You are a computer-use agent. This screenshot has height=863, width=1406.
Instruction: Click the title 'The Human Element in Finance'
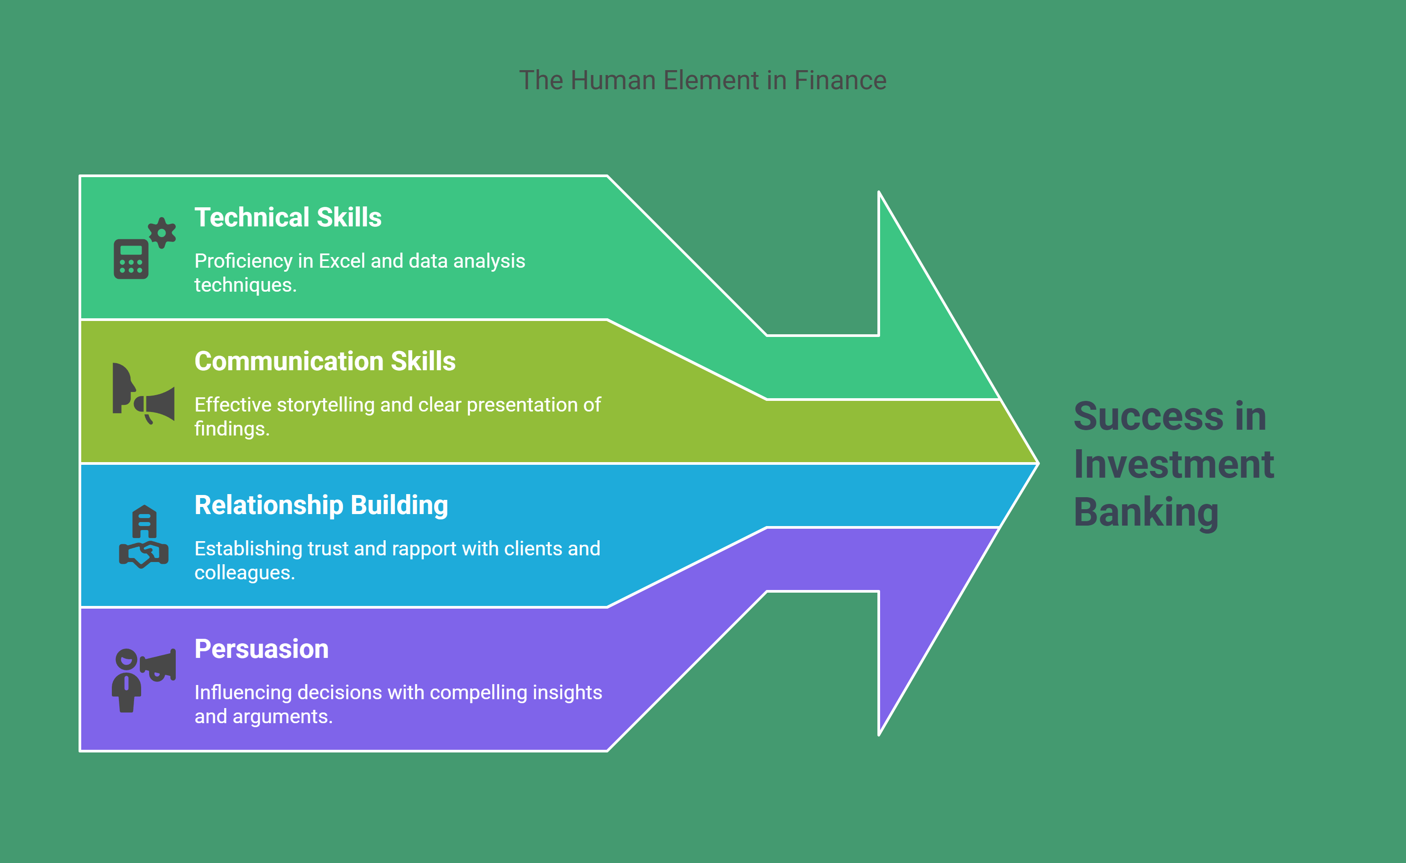tap(703, 80)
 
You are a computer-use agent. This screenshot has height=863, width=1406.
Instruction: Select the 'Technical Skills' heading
tap(288, 218)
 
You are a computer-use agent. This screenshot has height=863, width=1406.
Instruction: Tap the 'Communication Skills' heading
tap(325, 361)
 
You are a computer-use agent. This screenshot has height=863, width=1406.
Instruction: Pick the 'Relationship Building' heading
tap(321, 506)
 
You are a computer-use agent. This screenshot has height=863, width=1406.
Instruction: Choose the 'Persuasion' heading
tap(261, 649)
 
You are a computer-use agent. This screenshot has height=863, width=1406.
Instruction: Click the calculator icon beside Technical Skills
tap(131, 259)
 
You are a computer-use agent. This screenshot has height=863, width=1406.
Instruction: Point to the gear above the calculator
tap(162, 233)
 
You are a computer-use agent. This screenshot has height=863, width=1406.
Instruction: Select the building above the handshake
tap(144, 522)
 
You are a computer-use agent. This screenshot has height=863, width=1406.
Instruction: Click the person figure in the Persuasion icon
tap(126, 681)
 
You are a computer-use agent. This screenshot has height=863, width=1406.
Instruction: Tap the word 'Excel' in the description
tap(342, 261)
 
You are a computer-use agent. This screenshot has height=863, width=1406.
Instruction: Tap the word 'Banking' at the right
tap(1146, 513)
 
